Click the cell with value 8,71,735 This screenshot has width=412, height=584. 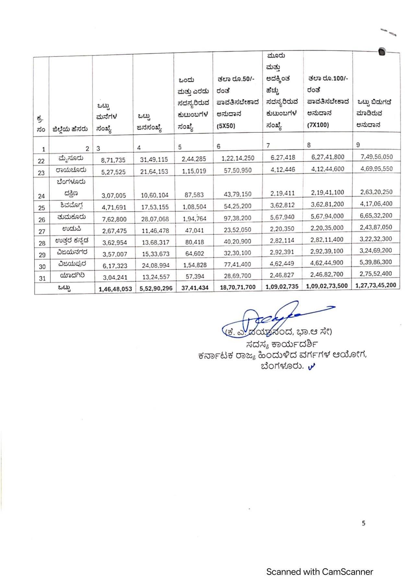[x=113, y=160]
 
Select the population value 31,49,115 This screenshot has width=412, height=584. [x=154, y=160]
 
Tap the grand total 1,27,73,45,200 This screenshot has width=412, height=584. [x=376, y=285]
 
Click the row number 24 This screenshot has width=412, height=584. [x=41, y=196]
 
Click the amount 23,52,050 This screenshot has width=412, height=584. [x=237, y=230]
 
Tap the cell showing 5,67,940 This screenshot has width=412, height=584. [x=282, y=217]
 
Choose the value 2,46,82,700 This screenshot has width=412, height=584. [x=327, y=274]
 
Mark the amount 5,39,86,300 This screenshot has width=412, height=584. [x=376, y=262]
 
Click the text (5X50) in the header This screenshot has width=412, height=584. [x=226, y=126]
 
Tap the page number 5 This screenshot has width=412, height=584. [x=363, y=523]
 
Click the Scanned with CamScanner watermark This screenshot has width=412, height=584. [x=319, y=572]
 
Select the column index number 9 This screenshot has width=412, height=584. [x=358, y=145]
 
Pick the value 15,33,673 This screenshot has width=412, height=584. [x=155, y=254]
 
